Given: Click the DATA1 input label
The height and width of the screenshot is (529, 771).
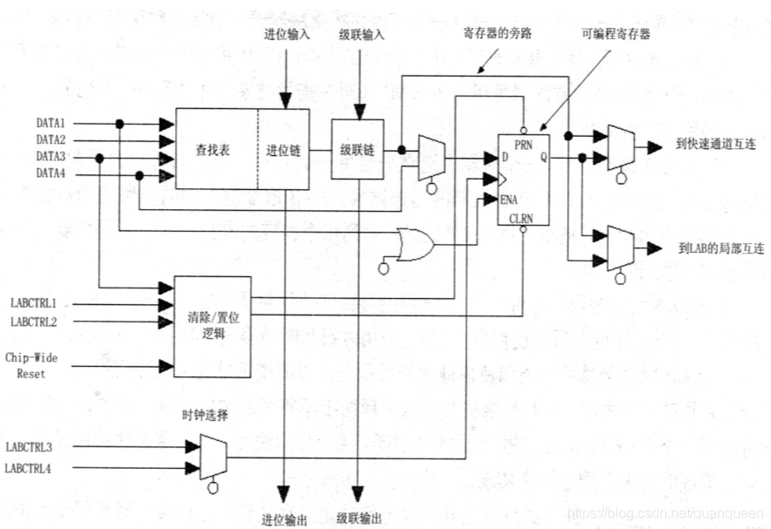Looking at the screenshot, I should [51, 123].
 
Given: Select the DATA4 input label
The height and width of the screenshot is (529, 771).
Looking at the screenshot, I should [51, 174].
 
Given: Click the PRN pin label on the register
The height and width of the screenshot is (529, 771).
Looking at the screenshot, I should [523, 143].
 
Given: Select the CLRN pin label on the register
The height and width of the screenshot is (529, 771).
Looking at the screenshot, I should [521, 217].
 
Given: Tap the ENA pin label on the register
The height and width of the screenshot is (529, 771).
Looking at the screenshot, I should [511, 200].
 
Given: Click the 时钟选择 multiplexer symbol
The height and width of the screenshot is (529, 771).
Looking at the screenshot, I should [213, 455].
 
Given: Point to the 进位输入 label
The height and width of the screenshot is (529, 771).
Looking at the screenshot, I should [285, 36].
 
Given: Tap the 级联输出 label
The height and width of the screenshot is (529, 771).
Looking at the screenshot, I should [359, 519].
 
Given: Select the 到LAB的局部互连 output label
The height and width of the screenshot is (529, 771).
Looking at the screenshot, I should [720, 248].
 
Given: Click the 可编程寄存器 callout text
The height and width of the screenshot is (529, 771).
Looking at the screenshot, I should [616, 35].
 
